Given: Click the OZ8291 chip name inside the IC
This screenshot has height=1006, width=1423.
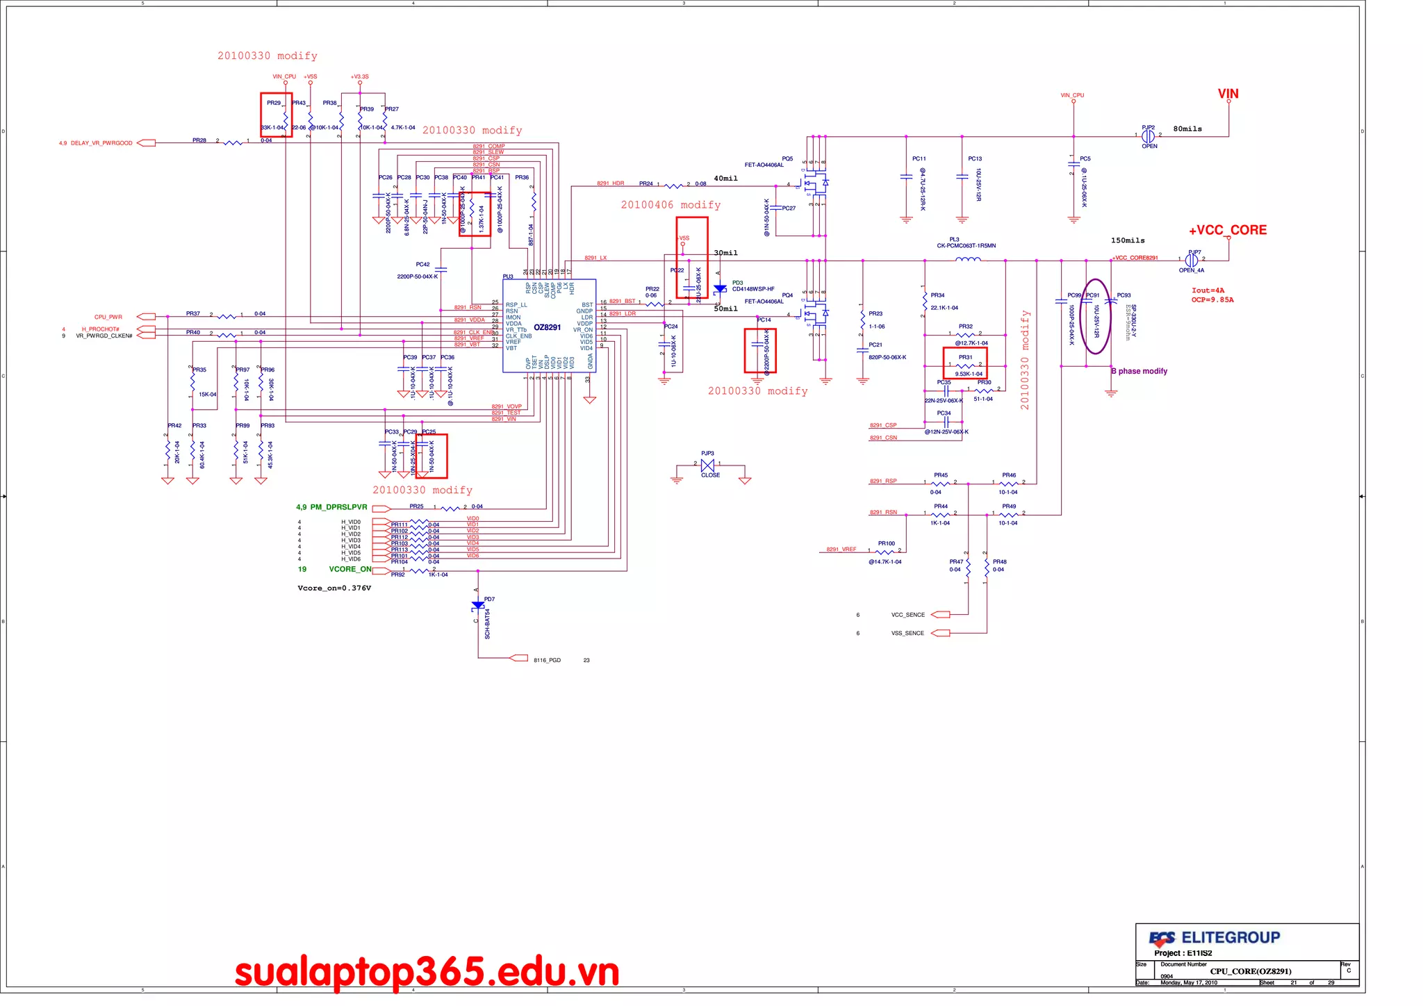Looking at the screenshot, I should pos(547,327).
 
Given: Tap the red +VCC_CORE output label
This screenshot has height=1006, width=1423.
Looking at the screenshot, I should pos(1227,230).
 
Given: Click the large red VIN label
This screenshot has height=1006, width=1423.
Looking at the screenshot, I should pos(1228,94).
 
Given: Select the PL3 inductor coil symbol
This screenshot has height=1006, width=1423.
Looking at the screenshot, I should pos(968,260).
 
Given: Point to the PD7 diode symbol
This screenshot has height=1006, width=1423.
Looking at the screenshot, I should pos(478,606).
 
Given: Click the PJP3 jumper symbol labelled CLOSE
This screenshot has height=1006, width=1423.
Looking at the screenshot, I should pos(708,465).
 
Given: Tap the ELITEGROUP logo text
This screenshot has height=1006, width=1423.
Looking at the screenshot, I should pos(1230,938).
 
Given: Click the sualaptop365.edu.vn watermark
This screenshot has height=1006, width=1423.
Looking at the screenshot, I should pos(427,972).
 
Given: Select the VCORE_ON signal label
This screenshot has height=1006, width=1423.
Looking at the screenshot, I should pos(350,569).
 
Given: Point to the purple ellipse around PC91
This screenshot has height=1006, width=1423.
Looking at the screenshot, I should pos(1096,316).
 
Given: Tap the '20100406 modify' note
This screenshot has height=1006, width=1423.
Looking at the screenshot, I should pos(671,205).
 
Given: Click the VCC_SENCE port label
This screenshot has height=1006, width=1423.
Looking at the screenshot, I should pos(907,615).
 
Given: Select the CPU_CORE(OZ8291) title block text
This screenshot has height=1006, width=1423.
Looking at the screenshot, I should pos(1250,971).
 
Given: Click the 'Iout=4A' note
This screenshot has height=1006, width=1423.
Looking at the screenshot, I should pos(1208,290).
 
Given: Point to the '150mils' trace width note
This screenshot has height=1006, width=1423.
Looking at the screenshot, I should pos(1128,240).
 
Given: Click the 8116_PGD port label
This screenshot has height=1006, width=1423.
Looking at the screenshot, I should pos(547,660).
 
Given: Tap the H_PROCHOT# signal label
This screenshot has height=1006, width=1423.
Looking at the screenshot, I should pos(101,329).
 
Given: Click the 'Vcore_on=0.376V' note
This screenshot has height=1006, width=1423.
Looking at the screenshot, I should pos(334,588).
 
